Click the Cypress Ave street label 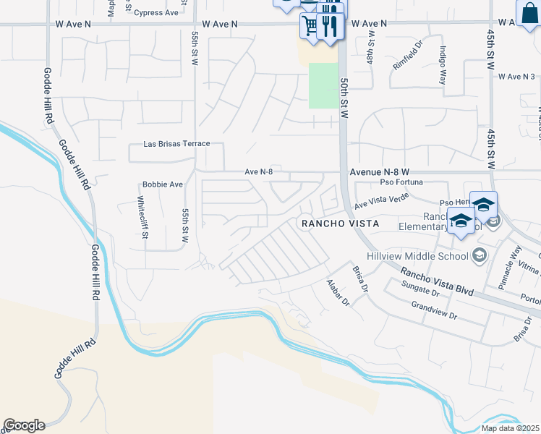tap(156, 13)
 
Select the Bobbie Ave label tap(163, 184)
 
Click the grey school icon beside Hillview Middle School tap(479, 255)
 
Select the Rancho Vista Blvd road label tap(437, 281)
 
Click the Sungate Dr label tap(420, 290)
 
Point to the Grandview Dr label tap(434, 313)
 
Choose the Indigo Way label tap(442, 66)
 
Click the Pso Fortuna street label tap(403, 182)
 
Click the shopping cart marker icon tap(310, 26)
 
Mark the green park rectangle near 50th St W tap(323, 85)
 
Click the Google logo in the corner tap(24, 425)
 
